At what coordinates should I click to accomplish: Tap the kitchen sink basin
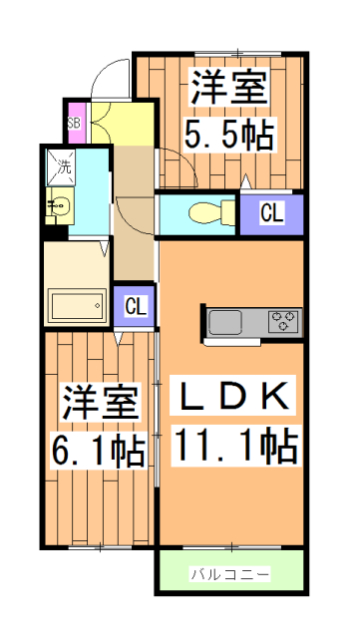click(x=225, y=322)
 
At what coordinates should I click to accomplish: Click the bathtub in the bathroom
click(x=77, y=304)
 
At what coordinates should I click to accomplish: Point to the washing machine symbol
click(x=61, y=167)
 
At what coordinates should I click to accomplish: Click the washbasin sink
click(x=60, y=206)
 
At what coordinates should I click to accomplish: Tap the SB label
click(x=74, y=124)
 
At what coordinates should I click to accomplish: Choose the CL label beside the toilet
click(x=271, y=213)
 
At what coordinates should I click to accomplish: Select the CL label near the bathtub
click(x=136, y=306)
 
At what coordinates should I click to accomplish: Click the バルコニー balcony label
click(x=230, y=574)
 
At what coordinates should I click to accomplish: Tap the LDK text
click(x=232, y=397)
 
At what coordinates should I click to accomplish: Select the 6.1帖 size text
click(x=98, y=451)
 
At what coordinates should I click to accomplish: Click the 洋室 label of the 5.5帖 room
click(x=229, y=87)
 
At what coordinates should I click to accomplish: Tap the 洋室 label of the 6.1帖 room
click(x=100, y=402)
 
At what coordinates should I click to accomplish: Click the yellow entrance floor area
click(x=123, y=123)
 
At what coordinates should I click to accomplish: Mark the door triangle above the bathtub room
click(x=105, y=248)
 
